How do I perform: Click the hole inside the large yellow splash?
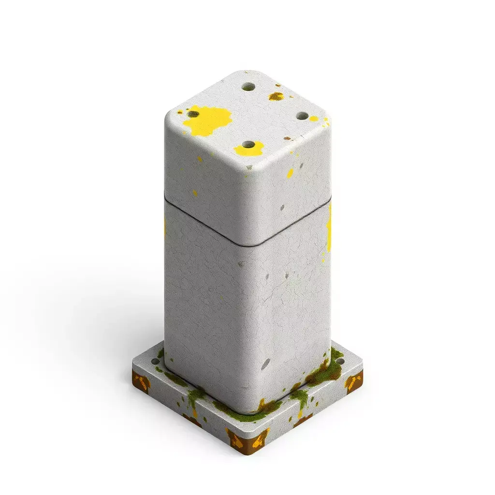[193, 114]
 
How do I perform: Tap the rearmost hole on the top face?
[248, 87]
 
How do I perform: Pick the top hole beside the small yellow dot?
[302, 116]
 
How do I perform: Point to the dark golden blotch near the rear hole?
[276, 96]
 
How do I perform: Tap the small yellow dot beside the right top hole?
[314, 118]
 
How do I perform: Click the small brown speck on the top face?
[288, 138]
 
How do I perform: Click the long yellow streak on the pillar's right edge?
[329, 227]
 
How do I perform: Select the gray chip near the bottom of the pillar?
[266, 364]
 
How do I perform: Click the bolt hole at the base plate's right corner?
[340, 362]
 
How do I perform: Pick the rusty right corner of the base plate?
[354, 383]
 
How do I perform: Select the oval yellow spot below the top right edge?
[290, 173]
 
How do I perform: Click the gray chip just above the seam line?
[282, 207]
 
